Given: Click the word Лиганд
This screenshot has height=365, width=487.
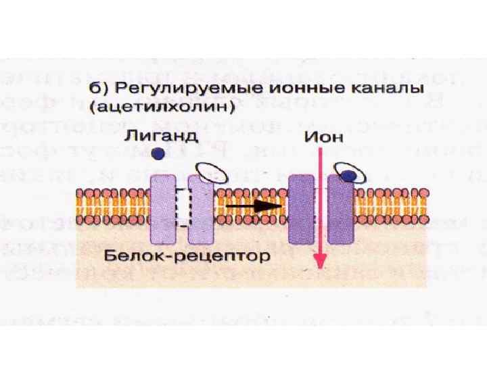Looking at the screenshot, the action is (x=160, y=136).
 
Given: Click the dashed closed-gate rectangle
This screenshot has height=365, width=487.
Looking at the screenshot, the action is (x=181, y=208).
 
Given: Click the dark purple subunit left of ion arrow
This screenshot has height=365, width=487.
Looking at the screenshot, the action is (x=302, y=208).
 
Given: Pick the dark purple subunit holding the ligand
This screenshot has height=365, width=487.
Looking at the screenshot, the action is (x=340, y=210).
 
